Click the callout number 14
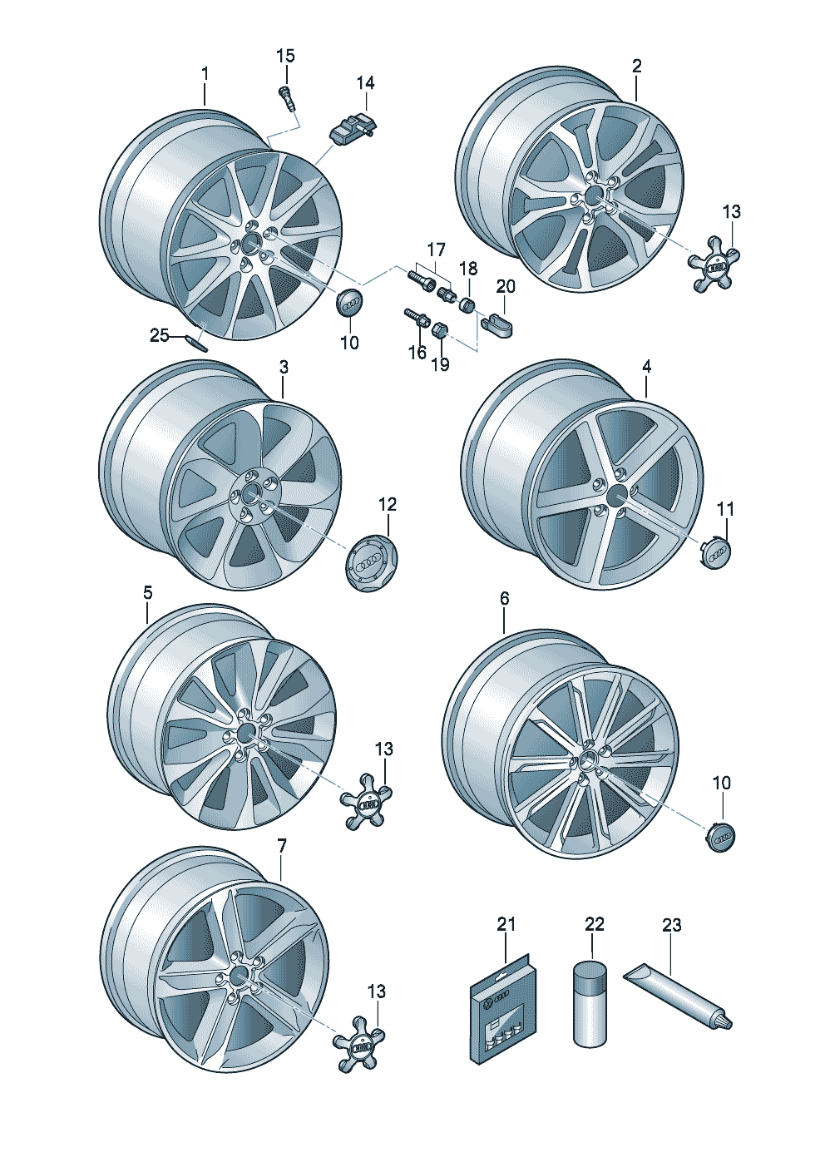(366, 83)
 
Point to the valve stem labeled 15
(289, 99)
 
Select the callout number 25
(159, 335)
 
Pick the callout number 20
(506, 286)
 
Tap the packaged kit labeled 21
(503, 1008)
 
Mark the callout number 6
(505, 599)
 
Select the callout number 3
(284, 367)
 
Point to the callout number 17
(437, 250)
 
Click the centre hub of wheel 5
(247, 734)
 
